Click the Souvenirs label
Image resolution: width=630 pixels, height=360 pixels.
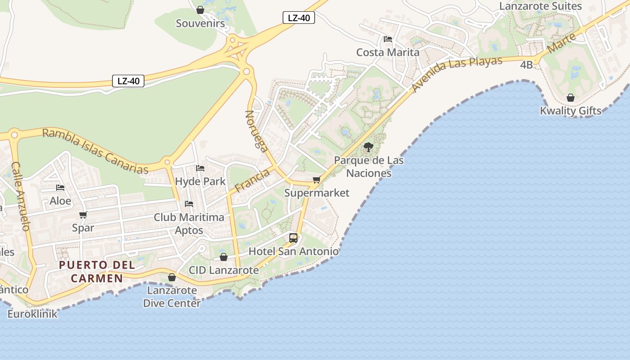pos(200,23)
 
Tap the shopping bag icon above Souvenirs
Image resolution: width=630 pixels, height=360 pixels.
pos(200,9)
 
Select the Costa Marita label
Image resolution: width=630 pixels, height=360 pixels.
pos(387,52)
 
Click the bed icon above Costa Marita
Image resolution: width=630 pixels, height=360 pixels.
pos(388,39)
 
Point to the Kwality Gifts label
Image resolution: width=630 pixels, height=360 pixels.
pos(571,111)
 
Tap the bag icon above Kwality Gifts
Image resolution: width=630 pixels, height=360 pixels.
pos(571,98)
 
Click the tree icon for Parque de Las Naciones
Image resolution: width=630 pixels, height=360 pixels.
pos(369,147)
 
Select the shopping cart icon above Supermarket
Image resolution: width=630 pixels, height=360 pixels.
pos(317,180)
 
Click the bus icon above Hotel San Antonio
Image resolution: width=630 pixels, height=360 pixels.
pos(293,238)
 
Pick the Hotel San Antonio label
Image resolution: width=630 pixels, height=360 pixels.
pos(293,251)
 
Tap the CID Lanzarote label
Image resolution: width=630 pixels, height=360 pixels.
pos(224,270)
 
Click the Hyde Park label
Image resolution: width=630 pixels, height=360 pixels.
pos(200,182)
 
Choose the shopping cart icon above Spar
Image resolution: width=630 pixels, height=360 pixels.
pos(83,215)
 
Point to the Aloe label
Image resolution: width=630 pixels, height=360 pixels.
pos(60,201)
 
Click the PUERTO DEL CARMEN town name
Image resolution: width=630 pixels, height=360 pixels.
pos(97,271)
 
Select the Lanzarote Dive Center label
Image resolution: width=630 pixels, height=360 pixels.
pos(172,297)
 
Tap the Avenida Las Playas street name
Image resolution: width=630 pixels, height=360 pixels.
pos(457,74)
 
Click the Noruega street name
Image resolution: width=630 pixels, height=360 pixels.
pos(256,130)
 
